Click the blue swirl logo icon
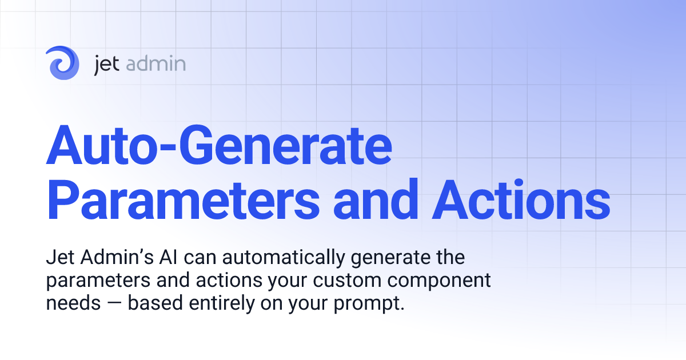[63, 63]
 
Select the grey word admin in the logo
[155, 63]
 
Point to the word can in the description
[205, 259]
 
